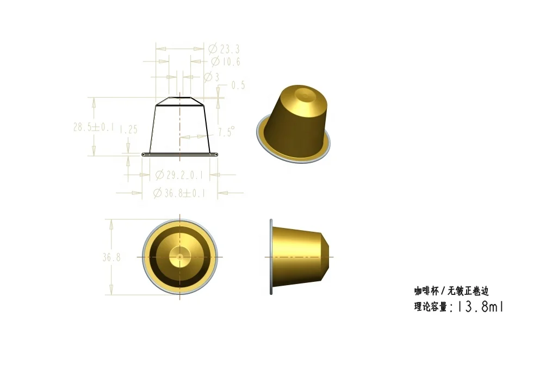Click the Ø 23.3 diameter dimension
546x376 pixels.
224,49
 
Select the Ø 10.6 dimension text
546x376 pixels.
225,61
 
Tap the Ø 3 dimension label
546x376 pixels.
212,77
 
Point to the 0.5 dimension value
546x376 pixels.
238,85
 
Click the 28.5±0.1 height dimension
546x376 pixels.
94,127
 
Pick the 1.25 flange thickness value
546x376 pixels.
128,130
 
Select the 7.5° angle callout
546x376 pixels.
226,132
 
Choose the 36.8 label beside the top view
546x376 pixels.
111,257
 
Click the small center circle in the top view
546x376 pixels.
179,256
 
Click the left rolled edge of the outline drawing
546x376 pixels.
144,155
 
